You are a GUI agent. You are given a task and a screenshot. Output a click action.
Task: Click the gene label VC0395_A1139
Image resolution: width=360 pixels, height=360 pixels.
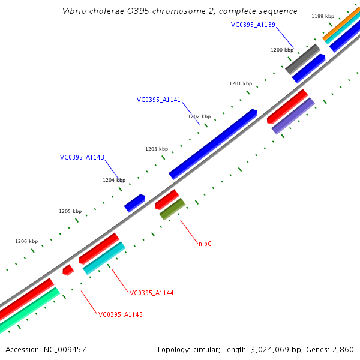point(253,25)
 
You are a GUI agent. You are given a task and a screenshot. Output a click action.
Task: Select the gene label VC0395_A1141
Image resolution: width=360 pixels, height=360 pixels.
point(158,100)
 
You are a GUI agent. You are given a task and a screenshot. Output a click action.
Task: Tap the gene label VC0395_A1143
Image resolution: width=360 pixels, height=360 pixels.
point(82,157)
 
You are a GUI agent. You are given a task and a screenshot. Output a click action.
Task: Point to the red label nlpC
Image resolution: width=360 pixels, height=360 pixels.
point(205,244)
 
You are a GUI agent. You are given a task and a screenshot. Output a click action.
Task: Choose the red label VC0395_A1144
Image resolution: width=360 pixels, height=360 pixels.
point(152,293)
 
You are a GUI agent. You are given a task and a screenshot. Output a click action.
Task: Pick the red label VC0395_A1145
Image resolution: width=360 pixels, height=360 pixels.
point(121,314)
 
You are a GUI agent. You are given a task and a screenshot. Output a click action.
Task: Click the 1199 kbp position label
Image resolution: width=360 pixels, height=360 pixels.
point(323,16)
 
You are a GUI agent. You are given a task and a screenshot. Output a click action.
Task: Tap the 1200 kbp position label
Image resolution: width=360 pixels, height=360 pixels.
point(282,50)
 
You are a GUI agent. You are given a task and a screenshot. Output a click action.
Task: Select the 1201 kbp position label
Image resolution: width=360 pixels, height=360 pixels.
point(241,83)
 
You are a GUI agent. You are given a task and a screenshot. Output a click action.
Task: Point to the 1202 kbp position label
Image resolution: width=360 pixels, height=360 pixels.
point(199,116)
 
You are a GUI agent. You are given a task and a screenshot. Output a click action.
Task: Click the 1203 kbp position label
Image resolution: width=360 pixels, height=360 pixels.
point(157,148)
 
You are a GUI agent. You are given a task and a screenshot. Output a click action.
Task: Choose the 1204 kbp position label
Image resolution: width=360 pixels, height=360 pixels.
point(114,180)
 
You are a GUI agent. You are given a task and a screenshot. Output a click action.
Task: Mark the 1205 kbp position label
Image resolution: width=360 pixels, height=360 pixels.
point(70,211)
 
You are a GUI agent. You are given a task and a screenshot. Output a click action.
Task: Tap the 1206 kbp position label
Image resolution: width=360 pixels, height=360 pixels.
point(26,241)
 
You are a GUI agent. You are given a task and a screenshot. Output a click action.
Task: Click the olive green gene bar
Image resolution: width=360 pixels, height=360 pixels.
point(172,209)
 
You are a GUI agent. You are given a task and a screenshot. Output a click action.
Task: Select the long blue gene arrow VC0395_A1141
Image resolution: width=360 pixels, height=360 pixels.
point(213,144)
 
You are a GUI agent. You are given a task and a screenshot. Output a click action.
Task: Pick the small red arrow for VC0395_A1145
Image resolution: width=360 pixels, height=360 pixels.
point(68,270)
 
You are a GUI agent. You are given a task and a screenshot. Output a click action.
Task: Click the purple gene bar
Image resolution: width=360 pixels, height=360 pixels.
point(293,116)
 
